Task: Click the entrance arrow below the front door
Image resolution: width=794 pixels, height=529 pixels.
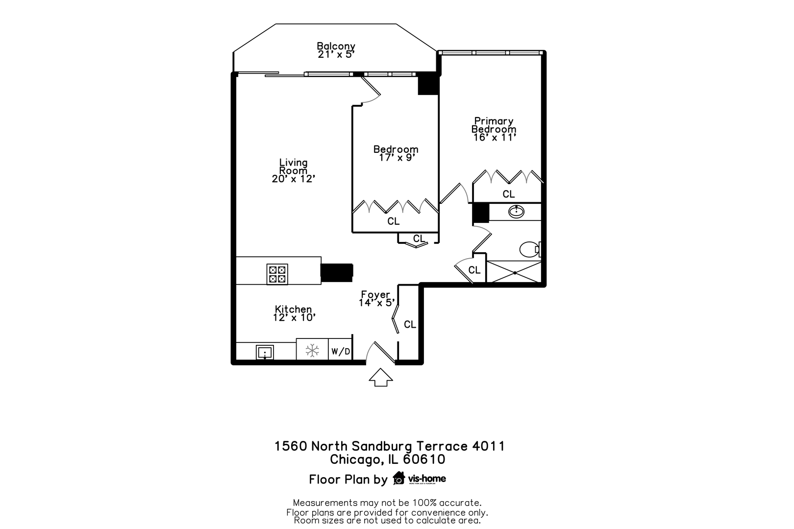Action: click(380, 377)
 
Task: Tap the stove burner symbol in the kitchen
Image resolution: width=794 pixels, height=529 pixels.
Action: click(277, 274)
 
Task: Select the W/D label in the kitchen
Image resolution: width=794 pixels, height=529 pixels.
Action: click(341, 351)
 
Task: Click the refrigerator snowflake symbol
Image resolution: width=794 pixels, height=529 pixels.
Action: click(312, 350)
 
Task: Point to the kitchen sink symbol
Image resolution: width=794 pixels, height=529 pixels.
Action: click(265, 352)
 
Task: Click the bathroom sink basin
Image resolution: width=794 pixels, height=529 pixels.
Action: click(516, 212)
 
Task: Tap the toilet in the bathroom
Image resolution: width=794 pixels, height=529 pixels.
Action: click(529, 249)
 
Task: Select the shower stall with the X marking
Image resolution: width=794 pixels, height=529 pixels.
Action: click(514, 272)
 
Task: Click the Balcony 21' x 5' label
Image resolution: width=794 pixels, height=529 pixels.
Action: click(336, 50)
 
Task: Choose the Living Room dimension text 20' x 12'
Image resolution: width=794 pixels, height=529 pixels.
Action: click(293, 179)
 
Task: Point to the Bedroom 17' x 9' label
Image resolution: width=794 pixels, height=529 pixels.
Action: click(396, 153)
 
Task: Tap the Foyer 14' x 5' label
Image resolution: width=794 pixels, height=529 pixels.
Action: click(376, 299)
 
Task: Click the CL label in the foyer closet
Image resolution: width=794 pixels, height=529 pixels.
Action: click(410, 324)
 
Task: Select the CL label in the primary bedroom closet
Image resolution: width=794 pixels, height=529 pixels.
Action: click(508, 194)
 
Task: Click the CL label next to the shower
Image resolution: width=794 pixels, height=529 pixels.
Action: click(474, 270)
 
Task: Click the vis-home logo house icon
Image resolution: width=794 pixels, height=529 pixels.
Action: click(399, 478)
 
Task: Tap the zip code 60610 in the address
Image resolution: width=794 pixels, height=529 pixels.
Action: click(424, 459)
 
